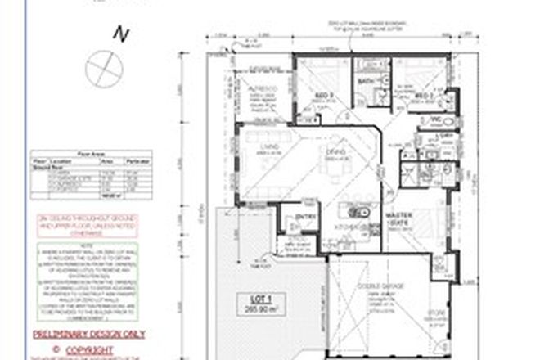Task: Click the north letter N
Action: point(121,34)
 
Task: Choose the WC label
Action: point(436,121)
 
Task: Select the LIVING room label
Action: point(265,148)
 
